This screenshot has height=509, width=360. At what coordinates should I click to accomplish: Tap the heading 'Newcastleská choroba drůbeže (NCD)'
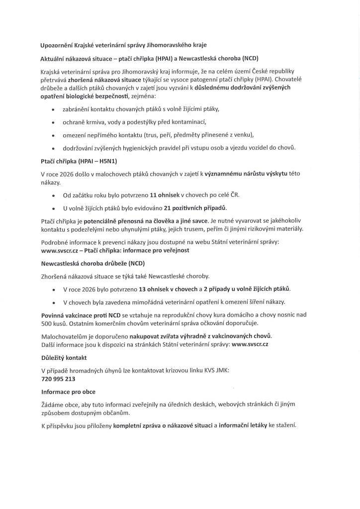tap(92, 262)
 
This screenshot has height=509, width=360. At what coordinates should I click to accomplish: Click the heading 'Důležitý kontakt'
tap(64, 357)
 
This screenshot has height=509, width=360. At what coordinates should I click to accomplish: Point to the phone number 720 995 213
tap(58, 378)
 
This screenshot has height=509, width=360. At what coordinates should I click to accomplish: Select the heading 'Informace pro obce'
tap(68, 392)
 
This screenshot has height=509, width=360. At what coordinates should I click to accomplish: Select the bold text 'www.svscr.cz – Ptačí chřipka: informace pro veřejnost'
tap(115, 250)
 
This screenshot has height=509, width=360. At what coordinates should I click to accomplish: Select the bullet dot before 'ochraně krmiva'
tap(53, 122)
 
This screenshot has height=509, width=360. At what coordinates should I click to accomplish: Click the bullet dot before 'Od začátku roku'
tap(53, 195)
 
